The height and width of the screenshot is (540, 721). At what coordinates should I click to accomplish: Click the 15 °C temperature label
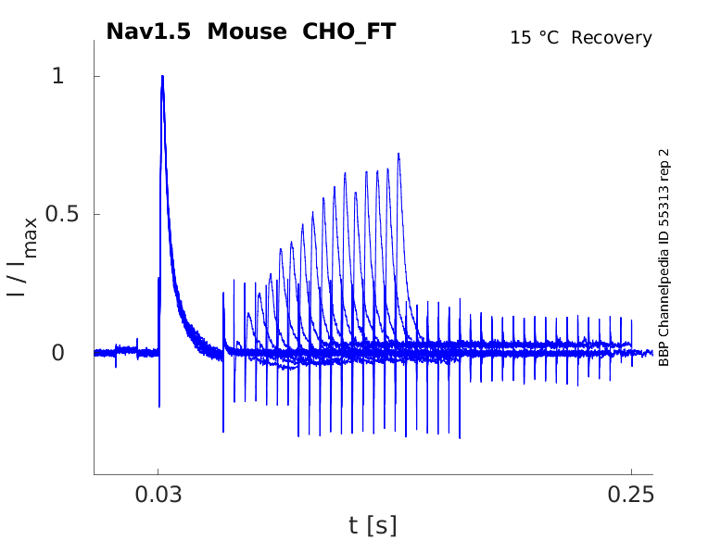click(536, 38)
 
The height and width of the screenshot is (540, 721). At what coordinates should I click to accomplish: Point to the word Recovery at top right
click(612, 38)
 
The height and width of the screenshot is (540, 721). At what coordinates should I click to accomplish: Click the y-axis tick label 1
click(58, 76)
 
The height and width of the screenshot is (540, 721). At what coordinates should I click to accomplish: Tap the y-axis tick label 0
click(58, 352)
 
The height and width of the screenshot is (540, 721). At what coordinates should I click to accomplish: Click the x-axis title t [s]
click(373, 525)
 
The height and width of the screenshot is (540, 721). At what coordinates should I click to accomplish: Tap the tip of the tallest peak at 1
click(162, 77)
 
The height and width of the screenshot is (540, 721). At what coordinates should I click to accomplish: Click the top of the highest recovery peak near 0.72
click(398, 155)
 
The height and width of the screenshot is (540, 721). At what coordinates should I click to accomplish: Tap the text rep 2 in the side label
click(664, 167)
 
